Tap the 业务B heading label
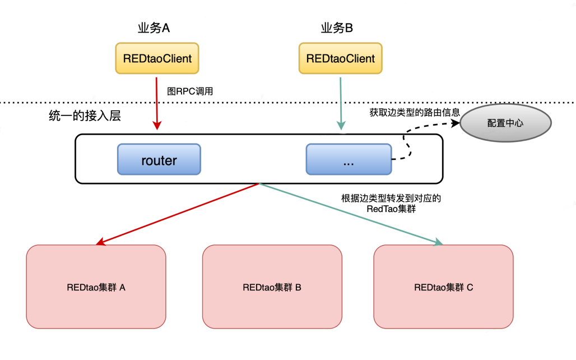point(336,28)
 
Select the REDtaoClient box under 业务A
point(157,58)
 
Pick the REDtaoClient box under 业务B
point(341,58)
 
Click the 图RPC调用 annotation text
point(191,91)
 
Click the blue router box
point(159,160)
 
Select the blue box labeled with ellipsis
point(348,160)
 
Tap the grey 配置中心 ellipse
point(505,123)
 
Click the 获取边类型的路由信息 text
point(415,112)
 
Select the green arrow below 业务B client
point(341,104)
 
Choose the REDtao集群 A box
point(96,287)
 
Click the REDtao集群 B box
point(272,287)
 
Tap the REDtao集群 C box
point(443,287)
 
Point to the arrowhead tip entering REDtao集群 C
point(442,244)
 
